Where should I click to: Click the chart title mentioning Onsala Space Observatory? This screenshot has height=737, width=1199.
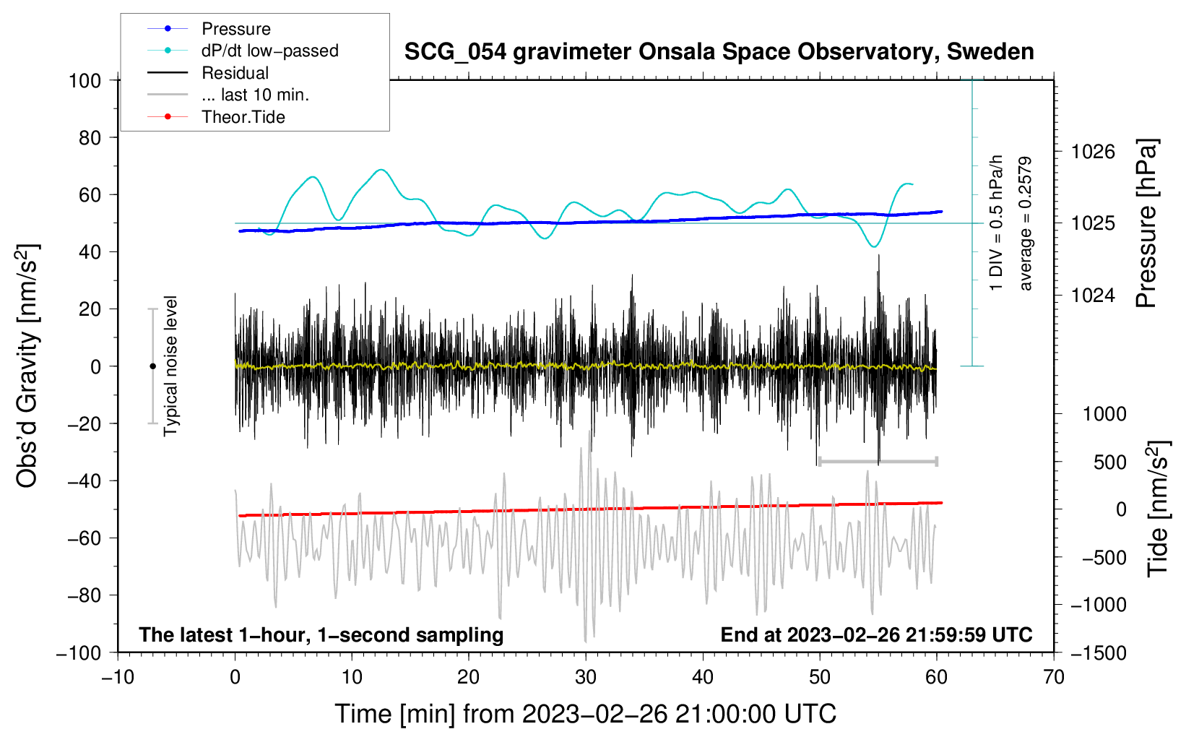[719, 52]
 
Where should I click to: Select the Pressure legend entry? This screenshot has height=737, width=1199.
[235, 29]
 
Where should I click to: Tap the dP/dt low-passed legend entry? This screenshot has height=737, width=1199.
[269, 51]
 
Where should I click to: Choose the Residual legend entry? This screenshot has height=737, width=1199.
[235, 73]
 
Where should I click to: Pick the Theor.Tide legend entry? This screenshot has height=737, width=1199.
[243, 117]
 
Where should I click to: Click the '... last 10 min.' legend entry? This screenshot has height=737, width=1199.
[255, 95]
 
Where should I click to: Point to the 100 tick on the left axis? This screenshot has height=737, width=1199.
[85, 80]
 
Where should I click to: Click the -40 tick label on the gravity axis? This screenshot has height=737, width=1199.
[85, 481]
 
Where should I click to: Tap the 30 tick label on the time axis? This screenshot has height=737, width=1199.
[586, 677]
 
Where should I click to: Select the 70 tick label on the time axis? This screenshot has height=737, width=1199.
[1054, 677]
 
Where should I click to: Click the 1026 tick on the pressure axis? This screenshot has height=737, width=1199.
[1093, 152]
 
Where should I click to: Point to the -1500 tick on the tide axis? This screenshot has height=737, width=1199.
[1099, 652]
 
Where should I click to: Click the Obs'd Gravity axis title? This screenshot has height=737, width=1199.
[27, 366]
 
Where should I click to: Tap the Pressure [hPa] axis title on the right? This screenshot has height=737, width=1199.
[1146, 223]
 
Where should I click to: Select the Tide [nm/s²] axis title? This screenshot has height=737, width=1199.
[1158, 509]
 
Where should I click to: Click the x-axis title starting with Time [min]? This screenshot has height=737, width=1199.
[586, 714]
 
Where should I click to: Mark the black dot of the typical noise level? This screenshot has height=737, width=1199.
[152, 366]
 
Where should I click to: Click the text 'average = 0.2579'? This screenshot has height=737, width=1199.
[1025, 223]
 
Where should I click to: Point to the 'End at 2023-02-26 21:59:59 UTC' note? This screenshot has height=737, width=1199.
[876, 634]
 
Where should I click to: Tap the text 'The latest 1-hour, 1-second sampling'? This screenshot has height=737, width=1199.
[321, 634]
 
